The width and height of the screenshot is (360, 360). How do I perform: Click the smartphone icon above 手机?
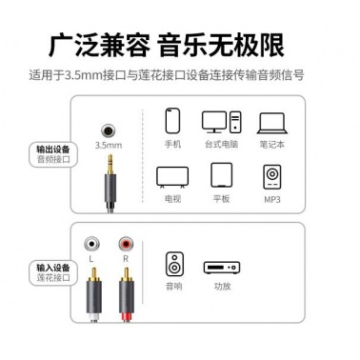pyautogui.click(x=172, y=121)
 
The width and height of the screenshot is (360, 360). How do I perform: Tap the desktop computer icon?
pyautogui.click(x=222, y=122)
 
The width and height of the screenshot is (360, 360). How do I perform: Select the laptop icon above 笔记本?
pyautogui.click(x=272, y=124)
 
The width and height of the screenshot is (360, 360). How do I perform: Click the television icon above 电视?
pyautogui.click(x=172, y=178)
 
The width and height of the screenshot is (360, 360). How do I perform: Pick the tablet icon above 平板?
pyautogui.click(x=222, y=175)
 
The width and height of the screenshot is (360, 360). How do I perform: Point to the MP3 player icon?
pyautogui.click(x=272, y=177)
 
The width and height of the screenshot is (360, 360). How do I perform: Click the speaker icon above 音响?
pyautogui.click(x=174, y=264)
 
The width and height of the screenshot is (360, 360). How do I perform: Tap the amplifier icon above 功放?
pyautogui.click(x=222, y=268)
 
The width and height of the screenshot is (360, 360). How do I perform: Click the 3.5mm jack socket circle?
pyautogui.click(x=108, y=130)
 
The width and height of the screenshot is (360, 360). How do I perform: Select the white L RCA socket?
pyautogui.click(x=91, y=244)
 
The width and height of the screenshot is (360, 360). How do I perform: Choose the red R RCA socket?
pyautogui.click(x=126, y=244)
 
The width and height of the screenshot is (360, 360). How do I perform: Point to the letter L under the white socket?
pyautogui.click(x=91, y=259)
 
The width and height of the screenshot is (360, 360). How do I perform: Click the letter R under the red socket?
pyautogui.click(x=126, y=259)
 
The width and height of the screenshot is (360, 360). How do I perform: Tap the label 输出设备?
pyautogui.click(x=53, y=150)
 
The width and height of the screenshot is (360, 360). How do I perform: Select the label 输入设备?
pyautogui.click(x=53, y=268)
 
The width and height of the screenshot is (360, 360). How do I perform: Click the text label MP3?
pyautogui.click(x=272, y=199)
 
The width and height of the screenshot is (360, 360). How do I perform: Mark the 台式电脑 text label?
pyautogui.click(x=222, y=145)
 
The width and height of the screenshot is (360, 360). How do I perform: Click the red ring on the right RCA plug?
pyautogui.click(x=127, y=317)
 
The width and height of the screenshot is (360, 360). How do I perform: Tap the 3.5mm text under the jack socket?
pyautogui.click(x=109, y=146)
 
